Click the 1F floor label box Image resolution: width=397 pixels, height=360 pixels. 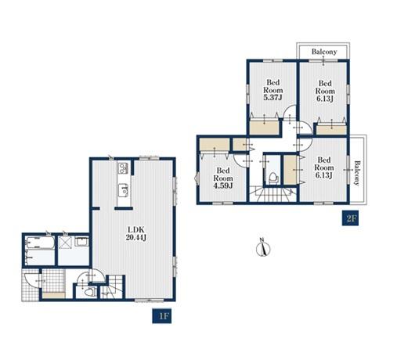point(162,316)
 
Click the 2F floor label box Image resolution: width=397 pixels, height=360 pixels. point(351,218)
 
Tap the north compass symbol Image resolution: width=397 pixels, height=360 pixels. point(263,247)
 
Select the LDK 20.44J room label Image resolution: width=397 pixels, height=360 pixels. point(135,234)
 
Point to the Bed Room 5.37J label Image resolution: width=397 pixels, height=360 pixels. point(273,90)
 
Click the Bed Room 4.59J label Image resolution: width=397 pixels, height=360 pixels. point(223,178)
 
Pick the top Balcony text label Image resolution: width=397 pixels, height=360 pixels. point(324,52)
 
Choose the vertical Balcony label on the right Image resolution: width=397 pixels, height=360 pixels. point(357,173)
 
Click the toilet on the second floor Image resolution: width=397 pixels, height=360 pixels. point(272,178)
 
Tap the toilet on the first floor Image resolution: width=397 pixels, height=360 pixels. point(89,291)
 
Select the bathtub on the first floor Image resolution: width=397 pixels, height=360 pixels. point(40,243)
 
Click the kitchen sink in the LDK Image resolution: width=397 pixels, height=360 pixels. point(123,190)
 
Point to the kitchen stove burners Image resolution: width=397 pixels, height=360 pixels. point(123,168)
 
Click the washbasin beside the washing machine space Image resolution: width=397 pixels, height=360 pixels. point(82,242)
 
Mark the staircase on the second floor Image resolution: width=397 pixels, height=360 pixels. point(272,194)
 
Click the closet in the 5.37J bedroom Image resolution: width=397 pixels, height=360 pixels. point(264,127)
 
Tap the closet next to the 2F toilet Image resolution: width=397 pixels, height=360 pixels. point(290,170)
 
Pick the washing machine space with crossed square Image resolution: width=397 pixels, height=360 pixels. point(64,242)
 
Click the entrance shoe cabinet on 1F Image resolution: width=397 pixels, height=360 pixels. point(53,295)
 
